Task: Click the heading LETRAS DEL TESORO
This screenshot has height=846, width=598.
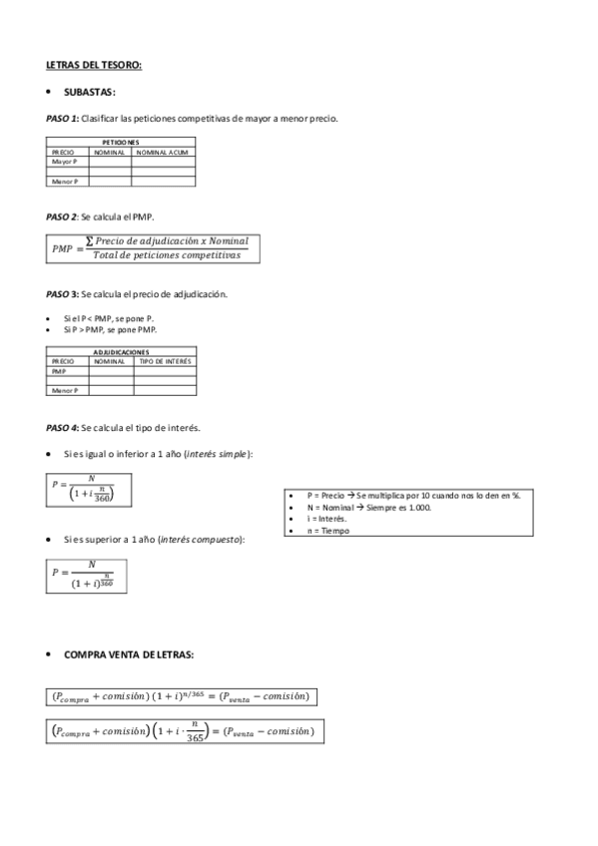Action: click(x=94, y=65)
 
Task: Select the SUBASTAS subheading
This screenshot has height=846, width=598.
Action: click(x=90, y=93)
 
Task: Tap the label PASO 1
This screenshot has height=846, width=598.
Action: click(x=62, y=119)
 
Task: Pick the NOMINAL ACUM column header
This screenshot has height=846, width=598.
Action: click(x=163, y=152)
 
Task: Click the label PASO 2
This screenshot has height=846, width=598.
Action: click(x=62, y=216)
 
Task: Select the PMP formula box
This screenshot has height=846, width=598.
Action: click(x=153, y=248)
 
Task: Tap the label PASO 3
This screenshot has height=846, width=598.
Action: click(x=62, y=294)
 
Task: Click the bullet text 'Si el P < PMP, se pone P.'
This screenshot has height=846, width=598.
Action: click(x=108, y=317)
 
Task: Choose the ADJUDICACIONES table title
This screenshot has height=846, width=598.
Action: click(x=121, y=351)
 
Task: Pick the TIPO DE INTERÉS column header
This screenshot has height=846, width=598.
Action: click(x=166, y=360)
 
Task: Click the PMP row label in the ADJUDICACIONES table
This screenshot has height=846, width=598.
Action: click(x=58, y=370)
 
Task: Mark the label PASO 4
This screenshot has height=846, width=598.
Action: click(x=62, y=428)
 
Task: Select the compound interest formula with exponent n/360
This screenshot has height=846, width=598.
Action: click(x=86, y=574)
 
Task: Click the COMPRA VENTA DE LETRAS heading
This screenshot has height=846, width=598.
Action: click(x=129, y=654)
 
